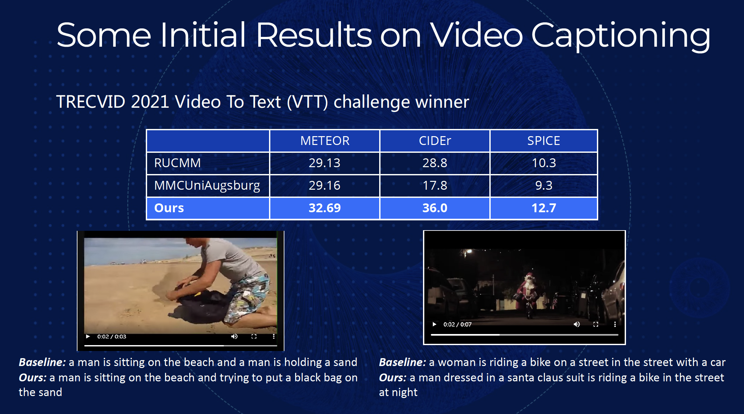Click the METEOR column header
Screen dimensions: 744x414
click(325, 141)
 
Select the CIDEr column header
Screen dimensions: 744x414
click(435, 141)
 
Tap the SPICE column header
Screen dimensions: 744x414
click(544, 141)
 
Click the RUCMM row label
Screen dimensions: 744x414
click(177, 163)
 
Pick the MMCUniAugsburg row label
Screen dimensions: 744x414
click(207, 185)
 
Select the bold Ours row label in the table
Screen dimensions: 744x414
click(169, 208)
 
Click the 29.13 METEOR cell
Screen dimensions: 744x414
click(325, 163)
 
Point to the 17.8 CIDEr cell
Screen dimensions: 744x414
click(435, 185)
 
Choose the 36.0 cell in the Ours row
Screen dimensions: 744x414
click(435, 208)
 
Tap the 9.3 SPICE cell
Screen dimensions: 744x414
click(544, 185)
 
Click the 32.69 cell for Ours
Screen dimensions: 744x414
click(325, 208)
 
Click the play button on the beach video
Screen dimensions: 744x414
click(88, 336)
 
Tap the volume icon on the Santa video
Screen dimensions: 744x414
click(577, 324)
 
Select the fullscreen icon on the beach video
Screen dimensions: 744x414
click(254, 336)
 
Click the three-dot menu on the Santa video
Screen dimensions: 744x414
click(615, 324)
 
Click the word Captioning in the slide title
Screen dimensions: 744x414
click(621, 36)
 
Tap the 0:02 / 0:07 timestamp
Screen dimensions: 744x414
click(457, 324)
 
